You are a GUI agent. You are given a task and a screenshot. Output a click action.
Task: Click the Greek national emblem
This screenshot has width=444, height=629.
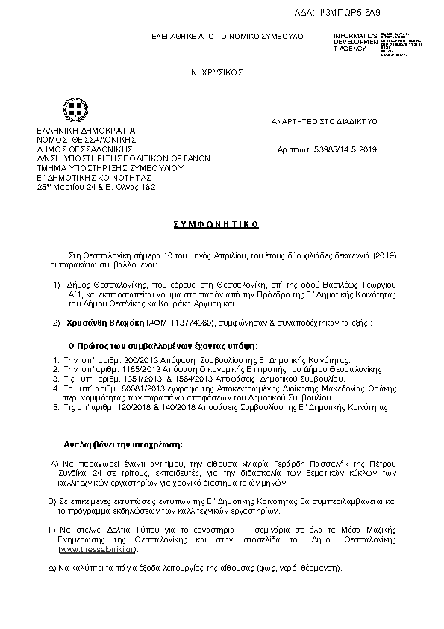tap(74, 111)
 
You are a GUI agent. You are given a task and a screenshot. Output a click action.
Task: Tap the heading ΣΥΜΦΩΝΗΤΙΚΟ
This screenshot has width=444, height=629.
tap(222, 224)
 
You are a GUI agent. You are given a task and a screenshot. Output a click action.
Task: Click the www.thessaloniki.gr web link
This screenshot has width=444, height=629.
tap(97, 549)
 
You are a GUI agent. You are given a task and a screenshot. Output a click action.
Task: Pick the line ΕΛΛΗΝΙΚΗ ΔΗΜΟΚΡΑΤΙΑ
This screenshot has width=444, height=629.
tap(86, 131)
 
